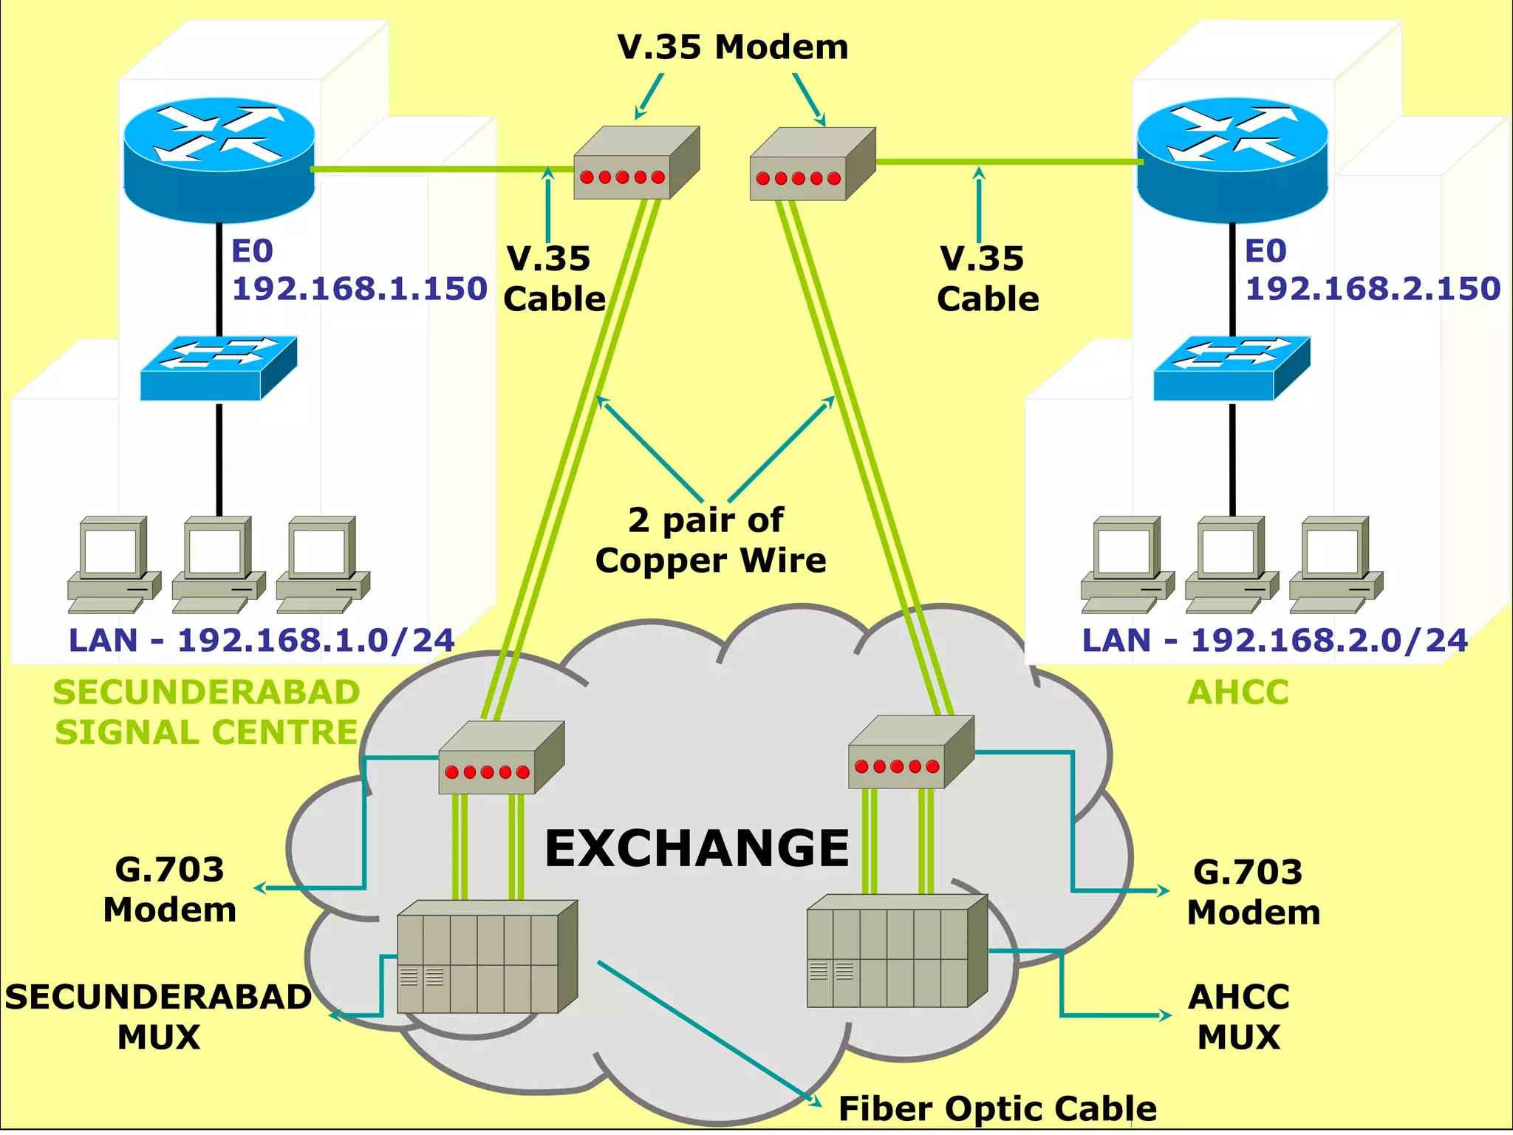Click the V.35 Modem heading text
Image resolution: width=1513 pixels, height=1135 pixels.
point(732,47)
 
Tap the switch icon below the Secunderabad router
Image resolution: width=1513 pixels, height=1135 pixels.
point(219,369)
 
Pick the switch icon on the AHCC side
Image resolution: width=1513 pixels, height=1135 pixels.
point(1232,369)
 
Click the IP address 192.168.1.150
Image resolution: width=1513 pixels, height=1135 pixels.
point(359,288)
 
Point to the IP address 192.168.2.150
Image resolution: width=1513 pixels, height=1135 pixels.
point(1372,288)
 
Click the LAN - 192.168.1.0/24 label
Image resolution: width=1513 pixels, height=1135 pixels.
point(261,640)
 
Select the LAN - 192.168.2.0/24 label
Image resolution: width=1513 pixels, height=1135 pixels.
point(1274,640)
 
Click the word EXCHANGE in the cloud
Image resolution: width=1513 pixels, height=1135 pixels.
point(697,848)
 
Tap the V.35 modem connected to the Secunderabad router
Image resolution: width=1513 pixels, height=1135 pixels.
point(635,164)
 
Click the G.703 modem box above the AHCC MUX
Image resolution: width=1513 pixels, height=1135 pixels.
point(910,754)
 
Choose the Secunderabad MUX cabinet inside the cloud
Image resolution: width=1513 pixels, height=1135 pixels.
point(486,957)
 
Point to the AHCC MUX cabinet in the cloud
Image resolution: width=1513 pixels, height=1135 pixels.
point(896,952)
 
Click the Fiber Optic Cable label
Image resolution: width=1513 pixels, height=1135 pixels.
point(997,1108)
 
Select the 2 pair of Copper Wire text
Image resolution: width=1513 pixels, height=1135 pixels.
point(710,540)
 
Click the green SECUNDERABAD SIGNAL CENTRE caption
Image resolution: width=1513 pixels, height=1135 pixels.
point(206,712)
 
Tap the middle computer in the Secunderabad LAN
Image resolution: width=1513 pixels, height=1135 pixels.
point(218,565)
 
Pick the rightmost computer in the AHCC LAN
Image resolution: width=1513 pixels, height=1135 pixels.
point(1336,565)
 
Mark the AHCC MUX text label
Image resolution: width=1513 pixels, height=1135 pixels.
point(1239,1017)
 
